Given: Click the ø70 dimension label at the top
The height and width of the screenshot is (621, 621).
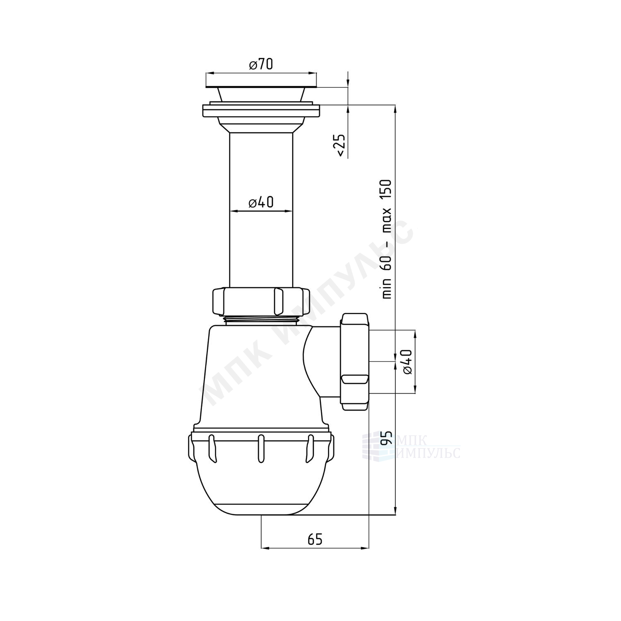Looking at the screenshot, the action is [x=261, y=65].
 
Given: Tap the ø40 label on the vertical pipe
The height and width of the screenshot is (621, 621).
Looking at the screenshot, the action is [x=261, y=202].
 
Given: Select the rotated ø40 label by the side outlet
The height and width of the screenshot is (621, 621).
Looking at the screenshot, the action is [x=407, y=362].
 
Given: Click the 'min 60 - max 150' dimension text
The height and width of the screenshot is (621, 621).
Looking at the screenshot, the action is [x=386, y=239].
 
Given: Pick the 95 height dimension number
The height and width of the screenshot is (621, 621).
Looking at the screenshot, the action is [x=386, y=438].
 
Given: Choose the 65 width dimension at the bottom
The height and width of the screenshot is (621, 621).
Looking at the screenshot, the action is [x=315, y=539].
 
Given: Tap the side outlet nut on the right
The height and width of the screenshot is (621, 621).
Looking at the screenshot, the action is [x=354, y=361].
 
